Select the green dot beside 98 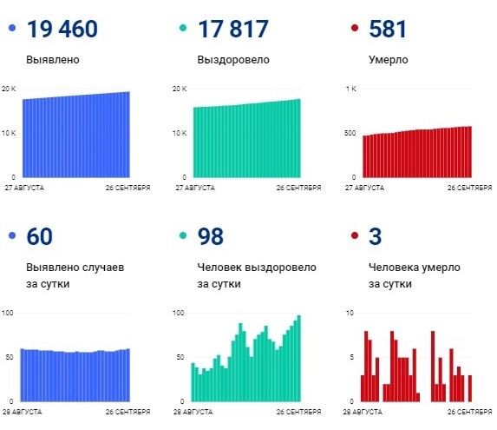182,237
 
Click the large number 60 41,237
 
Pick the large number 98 211,237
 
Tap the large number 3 375,237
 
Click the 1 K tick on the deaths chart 351,89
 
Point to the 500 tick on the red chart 350,133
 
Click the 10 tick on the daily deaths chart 350,313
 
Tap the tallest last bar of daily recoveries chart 299,358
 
